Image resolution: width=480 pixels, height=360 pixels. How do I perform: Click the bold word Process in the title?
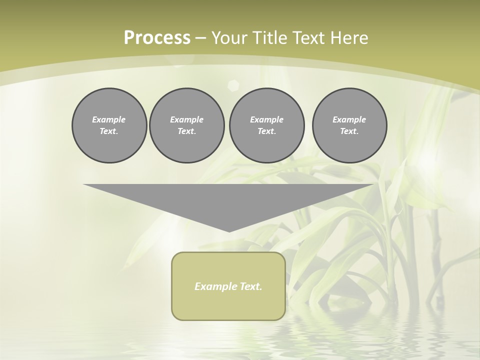(157, 38)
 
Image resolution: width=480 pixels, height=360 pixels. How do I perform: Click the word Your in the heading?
(228, 38)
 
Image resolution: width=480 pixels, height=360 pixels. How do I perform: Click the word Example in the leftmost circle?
(109, 119)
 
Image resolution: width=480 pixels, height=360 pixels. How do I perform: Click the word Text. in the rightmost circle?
(349, 131)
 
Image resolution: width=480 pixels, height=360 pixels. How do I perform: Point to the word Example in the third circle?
(266, 119)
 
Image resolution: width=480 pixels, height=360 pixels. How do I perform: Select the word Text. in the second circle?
(187, 131)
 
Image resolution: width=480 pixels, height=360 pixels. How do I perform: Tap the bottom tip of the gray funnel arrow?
(229, 230)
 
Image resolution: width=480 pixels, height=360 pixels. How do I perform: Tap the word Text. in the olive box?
(250, 286)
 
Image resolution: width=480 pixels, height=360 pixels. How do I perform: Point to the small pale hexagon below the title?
(233, 84)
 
